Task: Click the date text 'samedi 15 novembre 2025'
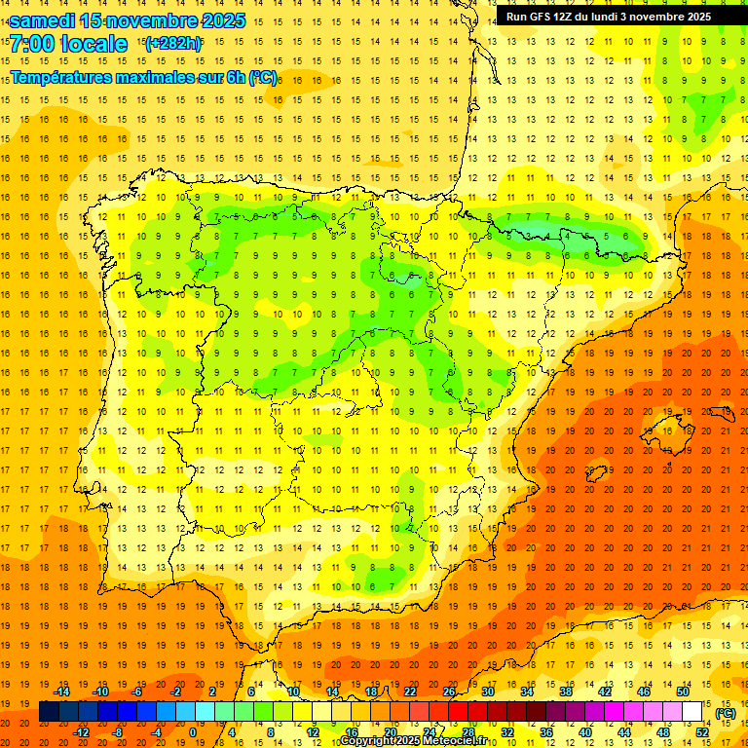(127, 20)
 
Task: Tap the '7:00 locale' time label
(68, 44)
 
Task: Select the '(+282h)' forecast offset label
(172, 43)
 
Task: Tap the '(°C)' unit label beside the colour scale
(726, 714)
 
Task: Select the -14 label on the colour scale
(60, 692)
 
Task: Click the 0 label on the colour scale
(193, 732)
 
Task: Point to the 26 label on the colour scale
(449, 692)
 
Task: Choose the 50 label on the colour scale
(683, 692)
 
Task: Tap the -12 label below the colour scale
(80, 732)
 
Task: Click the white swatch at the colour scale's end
(692, 712)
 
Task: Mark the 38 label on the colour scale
(566, 692)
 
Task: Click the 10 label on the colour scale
(293, 692)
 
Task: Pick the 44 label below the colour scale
(624, 732)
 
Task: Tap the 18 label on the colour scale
(371, 692)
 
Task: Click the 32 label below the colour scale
(507, 732)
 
